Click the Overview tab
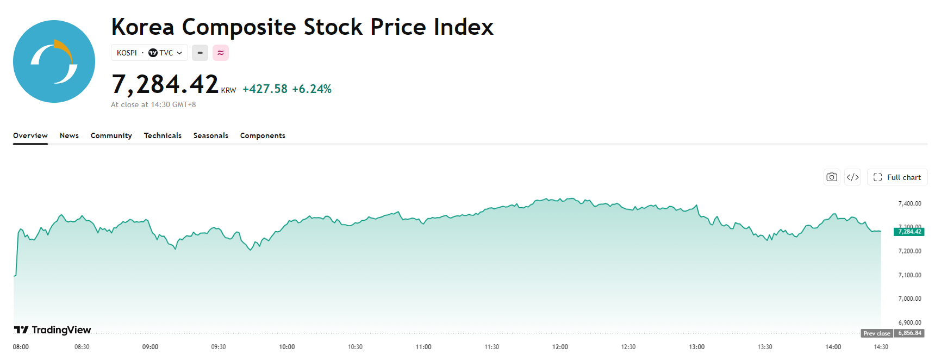[x=30, y=135]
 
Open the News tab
[x=69, y=135]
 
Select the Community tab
[x=111, y=135]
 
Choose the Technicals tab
[x=163, y=135]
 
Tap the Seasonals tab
[x=211, y=135]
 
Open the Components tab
[x=263, y=135]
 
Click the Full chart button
[x=897, y=177]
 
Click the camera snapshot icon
[x=832, y=177]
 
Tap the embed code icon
[x=853, y=177]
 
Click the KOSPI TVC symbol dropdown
[x=149, y=53]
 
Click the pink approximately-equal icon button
[x=221, y=53]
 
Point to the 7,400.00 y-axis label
[x=910, y=203]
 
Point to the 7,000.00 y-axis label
[x=910, y=299]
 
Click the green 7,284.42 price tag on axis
[x=909, y=232]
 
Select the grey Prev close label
[x=877, y=333]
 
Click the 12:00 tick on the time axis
[x=560, y=347]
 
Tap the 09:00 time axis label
[x=150, y=347]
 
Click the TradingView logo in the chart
[x=53, y=330]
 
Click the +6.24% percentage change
[x=311, y=89]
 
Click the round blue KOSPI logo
[x=54, y=61]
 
